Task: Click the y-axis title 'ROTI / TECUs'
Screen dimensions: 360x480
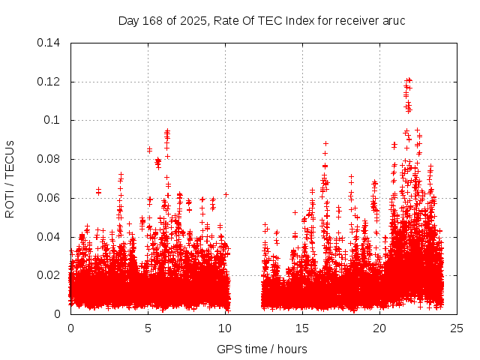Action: click(10, 178)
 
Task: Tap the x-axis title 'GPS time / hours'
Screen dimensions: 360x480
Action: click(262, 349)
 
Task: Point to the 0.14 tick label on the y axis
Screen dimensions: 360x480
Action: click(49, 43)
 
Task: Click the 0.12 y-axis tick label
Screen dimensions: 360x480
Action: click(49, 81)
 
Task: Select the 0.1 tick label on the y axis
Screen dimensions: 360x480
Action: click(53, 120)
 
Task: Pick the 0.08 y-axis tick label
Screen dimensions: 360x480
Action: click(49, 159)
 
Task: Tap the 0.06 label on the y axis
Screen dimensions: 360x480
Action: click(49, 198)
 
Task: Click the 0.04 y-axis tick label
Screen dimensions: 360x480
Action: click(49, 237)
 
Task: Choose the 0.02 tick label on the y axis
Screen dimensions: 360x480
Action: click(49, 275)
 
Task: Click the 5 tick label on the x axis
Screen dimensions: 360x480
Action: click(148, 328)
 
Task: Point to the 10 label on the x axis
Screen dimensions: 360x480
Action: click(225, 328)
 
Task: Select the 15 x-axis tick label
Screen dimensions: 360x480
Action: click(302, 328)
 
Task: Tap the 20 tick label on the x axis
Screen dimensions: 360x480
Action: click(379, 328)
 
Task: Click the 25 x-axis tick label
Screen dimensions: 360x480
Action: click(457, 328)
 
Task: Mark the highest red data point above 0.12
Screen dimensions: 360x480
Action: click(408, 79)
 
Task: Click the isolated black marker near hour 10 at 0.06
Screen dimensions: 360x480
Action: click(226, 195)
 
